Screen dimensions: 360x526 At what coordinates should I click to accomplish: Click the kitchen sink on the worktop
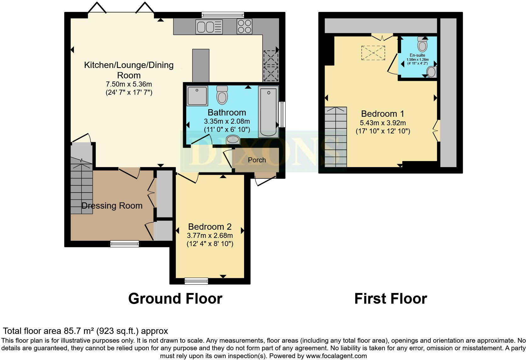coord(209,26)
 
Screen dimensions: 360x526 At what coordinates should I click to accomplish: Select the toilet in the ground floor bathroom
coord(222,95)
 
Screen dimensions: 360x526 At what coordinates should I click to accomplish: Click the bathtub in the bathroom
coord(268,112)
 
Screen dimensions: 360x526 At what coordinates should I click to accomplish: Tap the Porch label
coord(257,160)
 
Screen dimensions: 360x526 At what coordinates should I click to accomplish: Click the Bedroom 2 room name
coord(210,227)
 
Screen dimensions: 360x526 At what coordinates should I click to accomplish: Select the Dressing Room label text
coord(112,205)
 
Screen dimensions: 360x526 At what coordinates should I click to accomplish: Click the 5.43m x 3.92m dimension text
coord(383,123)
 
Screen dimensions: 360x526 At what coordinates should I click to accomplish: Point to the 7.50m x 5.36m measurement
coord(129,84)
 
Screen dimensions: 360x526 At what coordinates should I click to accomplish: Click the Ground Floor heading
coord(175,298)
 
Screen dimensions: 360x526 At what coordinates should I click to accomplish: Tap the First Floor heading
coord(390,298)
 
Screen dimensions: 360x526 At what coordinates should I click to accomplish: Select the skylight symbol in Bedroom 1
coord(373,53)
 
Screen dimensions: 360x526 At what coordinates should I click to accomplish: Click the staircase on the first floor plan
coord(336,137)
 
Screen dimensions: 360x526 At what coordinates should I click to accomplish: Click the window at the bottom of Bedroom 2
coord(196,281)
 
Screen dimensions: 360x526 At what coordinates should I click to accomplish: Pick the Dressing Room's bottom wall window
coord(125,244)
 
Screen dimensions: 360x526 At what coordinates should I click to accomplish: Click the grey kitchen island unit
coord(201,65)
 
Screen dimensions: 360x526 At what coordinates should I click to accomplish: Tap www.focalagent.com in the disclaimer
coord(336,356)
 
